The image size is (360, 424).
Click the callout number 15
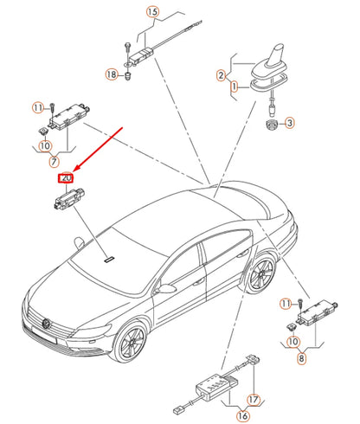152,12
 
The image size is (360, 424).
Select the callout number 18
112,74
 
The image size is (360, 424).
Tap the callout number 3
289,123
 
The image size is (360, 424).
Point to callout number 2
221,75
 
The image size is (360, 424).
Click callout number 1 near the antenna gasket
234,87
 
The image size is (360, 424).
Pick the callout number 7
54,161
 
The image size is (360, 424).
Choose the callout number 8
301,358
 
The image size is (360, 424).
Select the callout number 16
242,415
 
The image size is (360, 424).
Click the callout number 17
253,400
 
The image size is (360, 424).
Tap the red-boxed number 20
66,178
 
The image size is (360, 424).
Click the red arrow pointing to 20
98,150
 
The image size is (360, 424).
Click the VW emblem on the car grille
47,324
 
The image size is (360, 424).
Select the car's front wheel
132,344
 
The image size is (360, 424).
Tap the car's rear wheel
261,273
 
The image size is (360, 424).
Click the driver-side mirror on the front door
166,288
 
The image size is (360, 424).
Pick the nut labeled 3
272,125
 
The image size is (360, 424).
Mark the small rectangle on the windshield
109,259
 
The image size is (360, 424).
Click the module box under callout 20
69,198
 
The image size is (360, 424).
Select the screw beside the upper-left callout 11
52,108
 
